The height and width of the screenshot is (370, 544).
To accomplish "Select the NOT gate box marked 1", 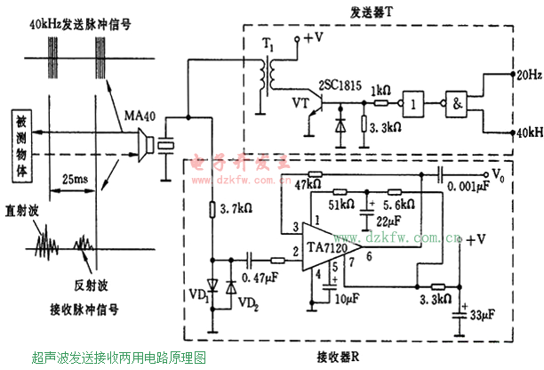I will pyautogui.click(x=415, y=102).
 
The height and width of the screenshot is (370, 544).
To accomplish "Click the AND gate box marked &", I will pyautogui.click(x=458, y=102).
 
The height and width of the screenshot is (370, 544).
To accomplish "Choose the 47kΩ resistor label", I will pyautogui.click(x=305, y=182).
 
